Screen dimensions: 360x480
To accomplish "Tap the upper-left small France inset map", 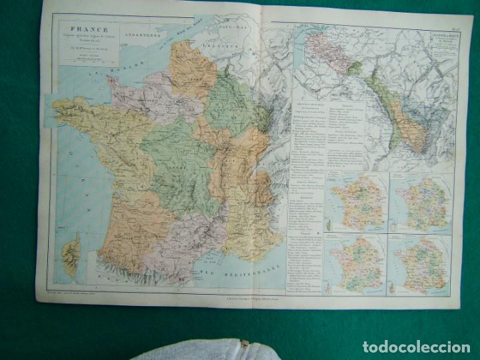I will pyautogui.click(x=355, y=199).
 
